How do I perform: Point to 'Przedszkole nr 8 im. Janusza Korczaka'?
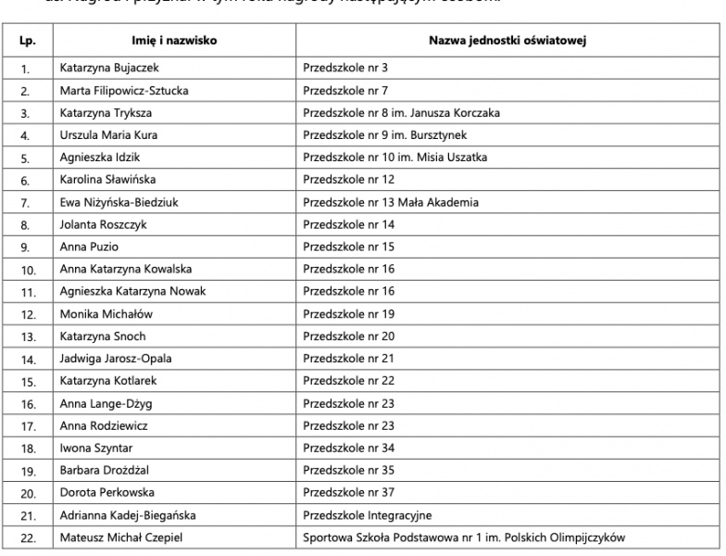(x=402, y=113)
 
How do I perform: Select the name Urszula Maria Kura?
(x=109, y=135)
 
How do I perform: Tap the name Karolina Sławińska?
(x=109, y=180)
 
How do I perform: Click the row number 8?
(x=25, y=225)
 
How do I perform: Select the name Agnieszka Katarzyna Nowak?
(x=132, y=292)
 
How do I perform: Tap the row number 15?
(x=25, y=381)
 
